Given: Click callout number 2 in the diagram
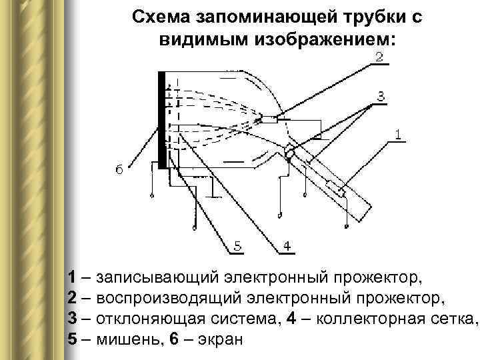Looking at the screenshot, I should click(378, 57).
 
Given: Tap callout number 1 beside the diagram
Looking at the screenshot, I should click(397, 135).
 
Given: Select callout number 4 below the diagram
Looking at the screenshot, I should click(285, 247).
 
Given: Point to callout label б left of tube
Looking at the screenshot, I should click(119, 171).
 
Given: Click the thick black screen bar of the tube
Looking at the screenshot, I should click(161, 120).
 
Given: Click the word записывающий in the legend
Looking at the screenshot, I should click(161, 276).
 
